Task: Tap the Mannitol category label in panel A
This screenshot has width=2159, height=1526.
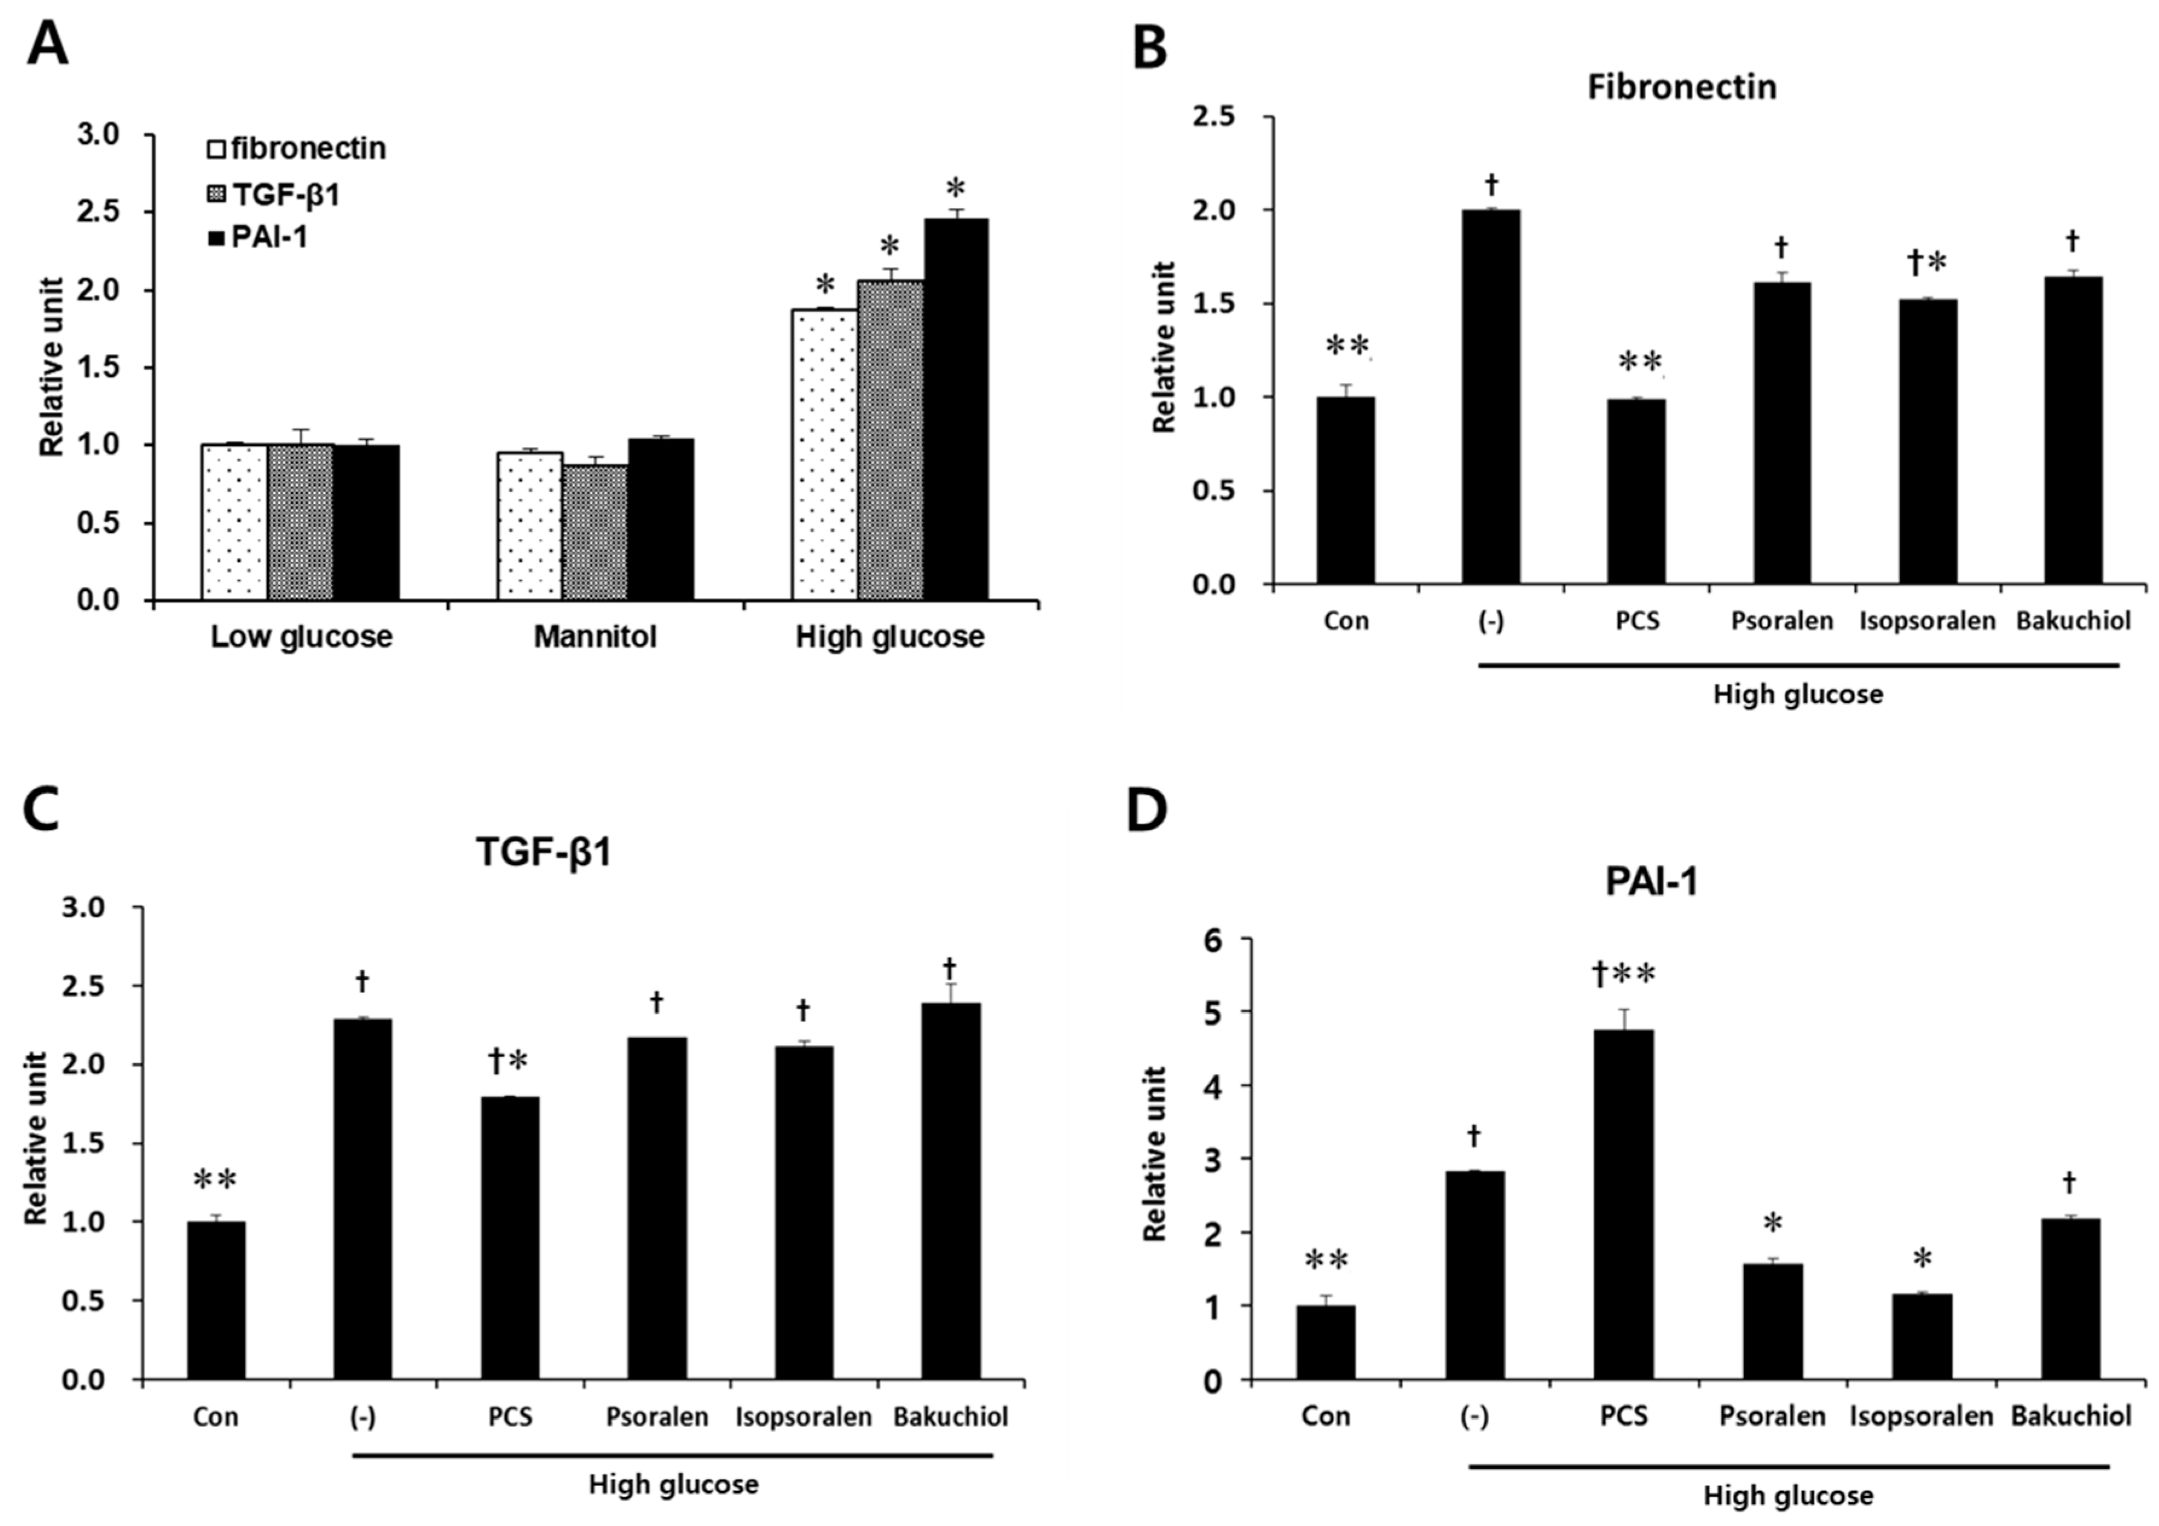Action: [595, 637]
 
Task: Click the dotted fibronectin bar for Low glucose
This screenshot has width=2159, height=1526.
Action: [234, 523]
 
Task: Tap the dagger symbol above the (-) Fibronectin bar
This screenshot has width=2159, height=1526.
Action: [1491, 182]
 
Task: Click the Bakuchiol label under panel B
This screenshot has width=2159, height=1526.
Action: [2073, 620]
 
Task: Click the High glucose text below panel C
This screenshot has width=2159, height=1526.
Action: [673, 1485]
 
